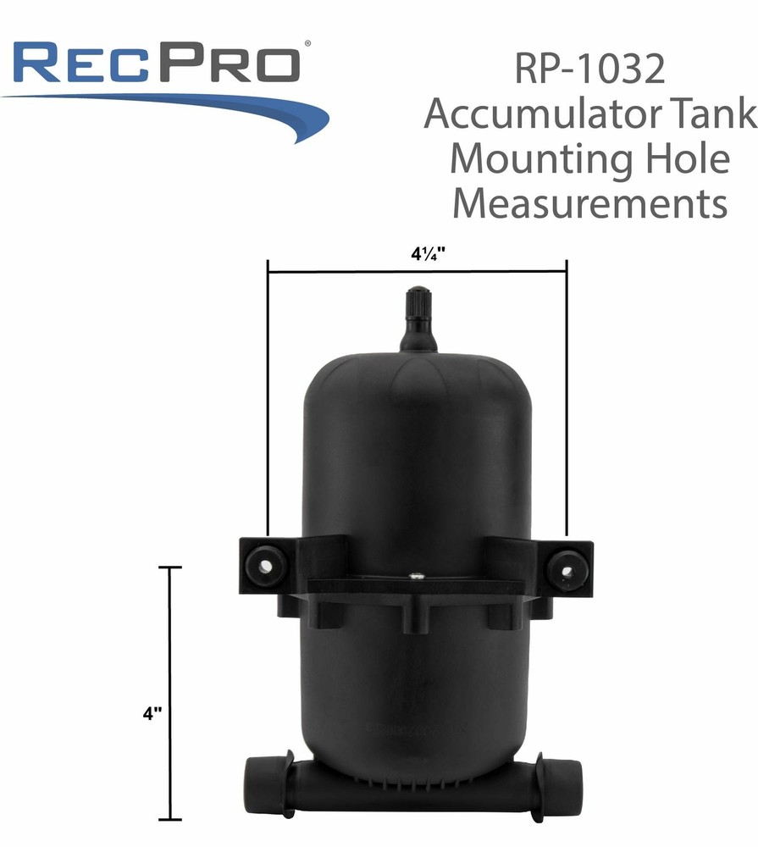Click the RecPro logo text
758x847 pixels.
(x=157, y=64)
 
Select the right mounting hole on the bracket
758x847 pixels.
(x=565, y=567)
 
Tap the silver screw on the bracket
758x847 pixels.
(x=416, y=577)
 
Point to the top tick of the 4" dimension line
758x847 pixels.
(x=170, y=567)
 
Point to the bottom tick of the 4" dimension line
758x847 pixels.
(x=170, y=819)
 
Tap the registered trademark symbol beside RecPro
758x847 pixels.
(x=307, y=42)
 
